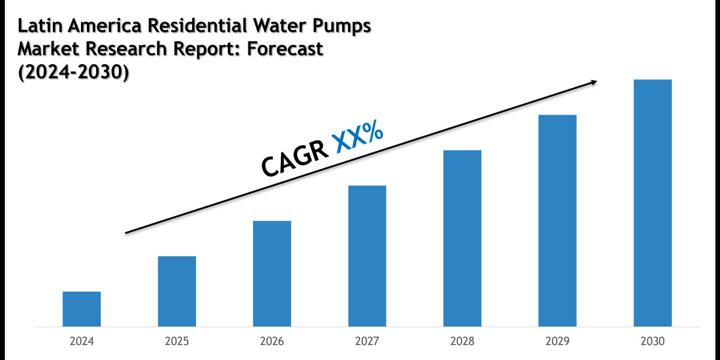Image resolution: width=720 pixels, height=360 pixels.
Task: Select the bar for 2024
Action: (x=82, y=309)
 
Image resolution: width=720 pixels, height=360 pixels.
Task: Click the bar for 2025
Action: (x=177, y=292)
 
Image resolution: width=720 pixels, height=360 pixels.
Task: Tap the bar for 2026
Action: (x=272, y=274)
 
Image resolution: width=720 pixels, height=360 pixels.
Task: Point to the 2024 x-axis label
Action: (x=82, y=341)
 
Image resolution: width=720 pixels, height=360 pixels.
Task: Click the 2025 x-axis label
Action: (x=177, y=341)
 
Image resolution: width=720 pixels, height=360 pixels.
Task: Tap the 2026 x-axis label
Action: (x=272, y=341)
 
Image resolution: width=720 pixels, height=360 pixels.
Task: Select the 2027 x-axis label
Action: (x=367, y=341)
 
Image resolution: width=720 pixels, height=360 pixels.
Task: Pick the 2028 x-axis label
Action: (x=462, y=341)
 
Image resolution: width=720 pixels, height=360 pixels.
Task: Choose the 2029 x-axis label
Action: (x=557, y=341)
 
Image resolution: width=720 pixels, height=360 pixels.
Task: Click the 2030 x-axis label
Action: (x=653, y=341)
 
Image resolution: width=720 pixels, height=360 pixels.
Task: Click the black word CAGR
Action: (x=295, y=157)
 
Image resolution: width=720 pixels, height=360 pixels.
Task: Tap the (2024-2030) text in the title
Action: (x=73, y=72)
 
